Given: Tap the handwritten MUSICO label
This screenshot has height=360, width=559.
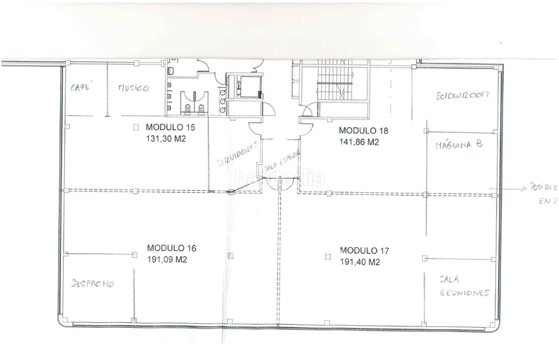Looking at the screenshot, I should tap(132, 89).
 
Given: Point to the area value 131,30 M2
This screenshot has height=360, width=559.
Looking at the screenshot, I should tap(170, 138).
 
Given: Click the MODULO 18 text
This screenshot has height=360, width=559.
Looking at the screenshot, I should tap(363, 131).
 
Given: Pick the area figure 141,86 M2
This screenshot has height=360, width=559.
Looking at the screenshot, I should tap(359, 141).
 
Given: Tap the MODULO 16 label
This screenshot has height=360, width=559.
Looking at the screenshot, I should tap(171, 248).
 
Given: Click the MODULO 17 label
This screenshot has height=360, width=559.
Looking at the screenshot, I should tap(364, 250).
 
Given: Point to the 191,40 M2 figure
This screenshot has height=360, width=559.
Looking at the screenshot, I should tap(360, 262).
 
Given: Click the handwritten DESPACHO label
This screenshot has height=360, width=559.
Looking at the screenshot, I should tap(92, 285).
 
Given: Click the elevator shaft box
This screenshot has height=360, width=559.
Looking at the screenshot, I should tap(246, 87).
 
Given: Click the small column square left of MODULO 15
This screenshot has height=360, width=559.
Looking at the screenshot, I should tap(137, 128).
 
